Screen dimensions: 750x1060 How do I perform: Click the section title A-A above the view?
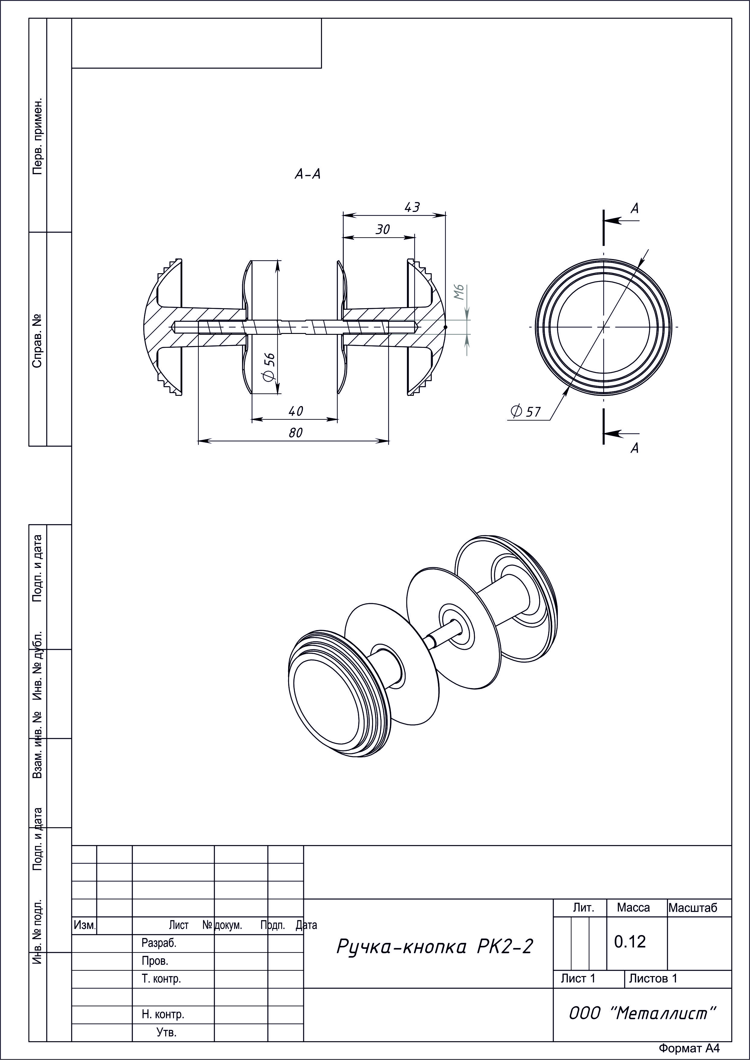307,174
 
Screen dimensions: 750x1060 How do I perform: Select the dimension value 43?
412,207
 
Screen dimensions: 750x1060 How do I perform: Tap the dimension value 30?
382,229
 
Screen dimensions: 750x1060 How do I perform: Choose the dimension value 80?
296,433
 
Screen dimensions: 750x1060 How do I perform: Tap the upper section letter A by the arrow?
635,209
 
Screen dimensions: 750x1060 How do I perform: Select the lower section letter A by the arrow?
635,448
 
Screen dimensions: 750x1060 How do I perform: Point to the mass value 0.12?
629,941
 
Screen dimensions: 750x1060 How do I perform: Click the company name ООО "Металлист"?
642,1014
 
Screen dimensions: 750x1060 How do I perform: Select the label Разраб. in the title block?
159,943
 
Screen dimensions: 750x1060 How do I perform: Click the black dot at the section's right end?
446,327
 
